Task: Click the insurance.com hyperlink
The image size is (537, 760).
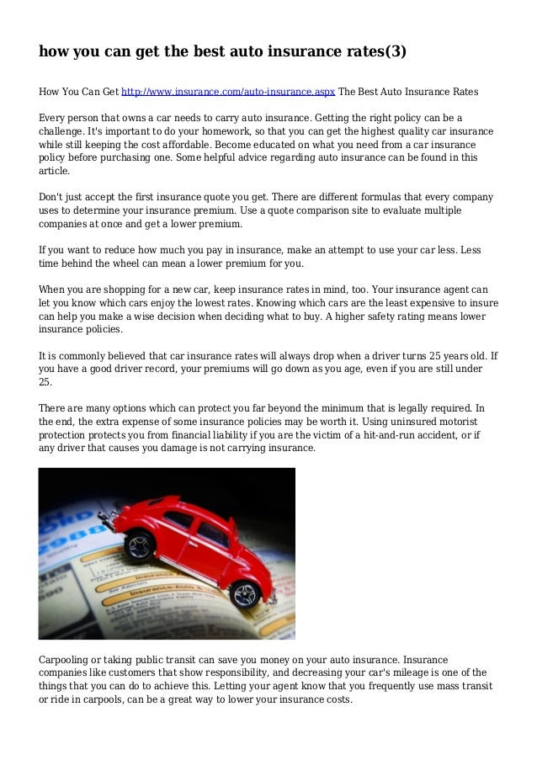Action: (x=228, y=91)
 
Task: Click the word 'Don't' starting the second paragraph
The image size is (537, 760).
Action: (x=52, y=197)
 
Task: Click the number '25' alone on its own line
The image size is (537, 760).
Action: (x=45, y=380)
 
